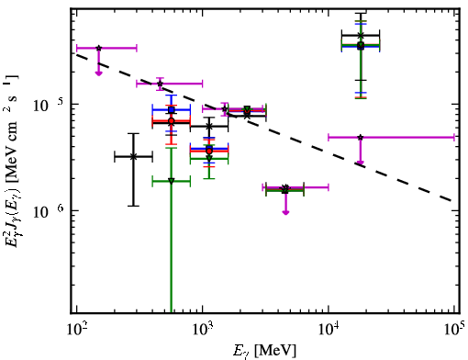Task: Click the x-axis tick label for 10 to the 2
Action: pos(76,329)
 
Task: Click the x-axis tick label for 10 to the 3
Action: pos(202,329)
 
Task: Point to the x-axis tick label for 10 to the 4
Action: pos(329,329)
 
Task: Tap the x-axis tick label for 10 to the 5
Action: pos(454,329)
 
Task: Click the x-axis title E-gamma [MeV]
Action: pos(264,351)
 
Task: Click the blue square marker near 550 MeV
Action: pos(172,109)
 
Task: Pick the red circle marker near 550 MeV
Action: pos(172,121)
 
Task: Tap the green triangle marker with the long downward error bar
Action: pos(172,181)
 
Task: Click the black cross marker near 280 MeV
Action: pos(133,157)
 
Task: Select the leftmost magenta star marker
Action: pos(98,48)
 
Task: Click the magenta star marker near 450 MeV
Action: pos(160,84)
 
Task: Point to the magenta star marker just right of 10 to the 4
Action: pos(361,137)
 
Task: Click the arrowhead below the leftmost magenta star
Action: pos(98,73)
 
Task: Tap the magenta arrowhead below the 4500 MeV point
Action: pos(285,212)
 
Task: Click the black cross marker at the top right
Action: pos(361,36)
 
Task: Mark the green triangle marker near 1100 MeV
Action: pos(209,159)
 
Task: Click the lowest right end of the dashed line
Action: pos(451,201)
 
